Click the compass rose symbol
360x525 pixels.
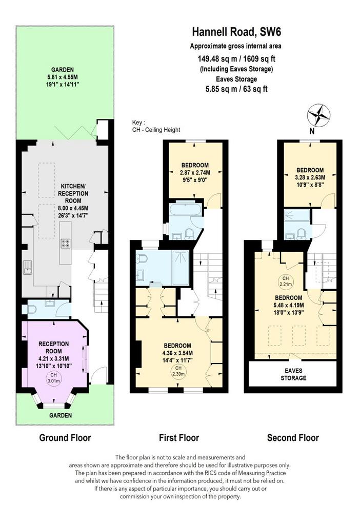pos(318,115)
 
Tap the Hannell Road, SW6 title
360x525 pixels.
pos(236,32)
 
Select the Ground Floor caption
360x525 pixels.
pos(65,438)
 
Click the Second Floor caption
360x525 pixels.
pos(293,438)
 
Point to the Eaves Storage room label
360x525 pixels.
pos(293,374)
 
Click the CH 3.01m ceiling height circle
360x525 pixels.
pos(53,378)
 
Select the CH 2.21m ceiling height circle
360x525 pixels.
pos(285,281)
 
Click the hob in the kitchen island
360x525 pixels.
pos(65,244)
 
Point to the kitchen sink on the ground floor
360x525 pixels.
pos(28,267)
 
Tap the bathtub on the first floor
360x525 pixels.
pos(186,209)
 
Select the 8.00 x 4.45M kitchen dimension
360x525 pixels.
pos(73,208)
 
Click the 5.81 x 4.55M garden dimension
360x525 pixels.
pos(63,77)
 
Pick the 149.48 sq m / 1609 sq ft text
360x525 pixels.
pos(236,58)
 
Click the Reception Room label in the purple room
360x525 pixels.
pos(53,348)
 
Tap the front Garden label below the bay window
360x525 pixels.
pos(61,415)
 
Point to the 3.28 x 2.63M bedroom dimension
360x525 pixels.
pos(310,177)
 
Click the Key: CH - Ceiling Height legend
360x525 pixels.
pos(156,126)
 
